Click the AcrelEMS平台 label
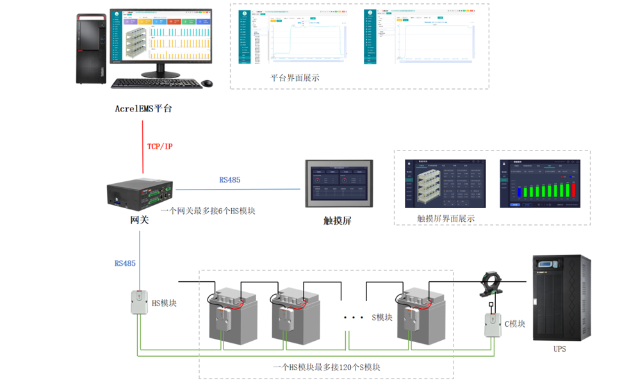click(143, 108)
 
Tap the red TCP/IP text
click(159, 147)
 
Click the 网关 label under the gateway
click(140, 220)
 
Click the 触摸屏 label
click(338, 220)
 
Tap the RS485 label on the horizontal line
click(229, 180)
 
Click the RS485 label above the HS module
click(125, 263)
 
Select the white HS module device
click(139, 302)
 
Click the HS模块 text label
click(164, 303)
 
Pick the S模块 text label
click(382, 318)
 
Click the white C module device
click(492, 325)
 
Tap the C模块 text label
click(515, 324)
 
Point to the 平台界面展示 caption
click(295, 78)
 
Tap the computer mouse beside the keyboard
click(206, 83)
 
